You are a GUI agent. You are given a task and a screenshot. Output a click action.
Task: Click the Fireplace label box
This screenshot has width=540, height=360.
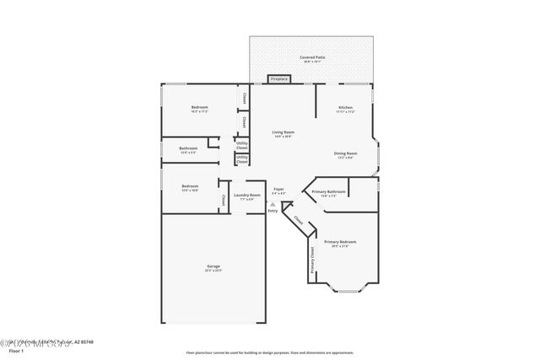click(278, 79)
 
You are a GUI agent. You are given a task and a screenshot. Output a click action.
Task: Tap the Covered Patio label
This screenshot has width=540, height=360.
click(312, 58)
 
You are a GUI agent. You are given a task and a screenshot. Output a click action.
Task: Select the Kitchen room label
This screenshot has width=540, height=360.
click(345, 108)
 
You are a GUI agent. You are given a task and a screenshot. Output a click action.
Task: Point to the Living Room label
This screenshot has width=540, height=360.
click(283, 133)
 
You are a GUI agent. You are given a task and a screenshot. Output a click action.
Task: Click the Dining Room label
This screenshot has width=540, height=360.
click(346, 154)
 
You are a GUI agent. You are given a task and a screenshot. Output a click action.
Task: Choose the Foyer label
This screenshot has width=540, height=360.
click(278, 191)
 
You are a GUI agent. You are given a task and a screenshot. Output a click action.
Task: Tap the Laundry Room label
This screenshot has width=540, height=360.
click(247, 196)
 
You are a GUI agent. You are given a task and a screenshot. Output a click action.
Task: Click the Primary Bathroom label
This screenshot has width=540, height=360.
click(328, 193)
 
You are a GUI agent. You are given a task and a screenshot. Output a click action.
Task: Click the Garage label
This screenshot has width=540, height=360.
click(213, 267)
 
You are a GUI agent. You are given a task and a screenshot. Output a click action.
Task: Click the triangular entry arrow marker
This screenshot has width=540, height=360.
click(273, 203)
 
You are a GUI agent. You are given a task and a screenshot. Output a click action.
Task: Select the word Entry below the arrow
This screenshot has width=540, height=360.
click(273, 211)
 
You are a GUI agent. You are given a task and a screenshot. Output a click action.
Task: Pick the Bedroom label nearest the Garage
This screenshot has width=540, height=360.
click(190, 187)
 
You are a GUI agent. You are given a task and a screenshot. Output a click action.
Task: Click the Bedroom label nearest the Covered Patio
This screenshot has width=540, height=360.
click(199, 108)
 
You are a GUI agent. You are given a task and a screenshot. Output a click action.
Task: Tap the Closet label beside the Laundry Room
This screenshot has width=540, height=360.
click(223, 200)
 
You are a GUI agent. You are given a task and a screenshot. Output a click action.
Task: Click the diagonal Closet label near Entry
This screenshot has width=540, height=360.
click(299, 220)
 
